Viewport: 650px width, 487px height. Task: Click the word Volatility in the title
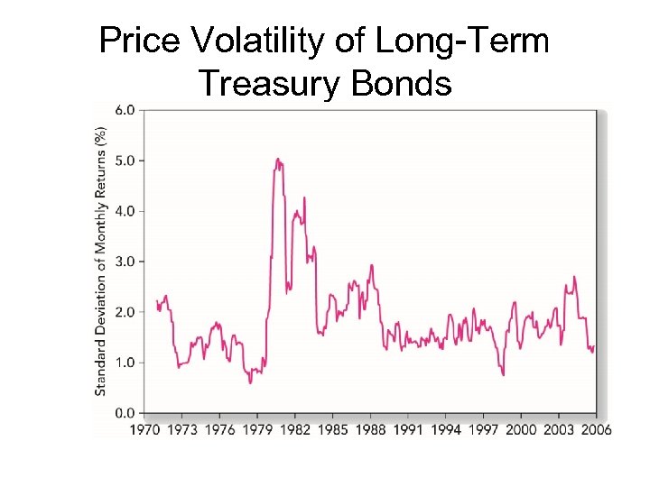[262, 41]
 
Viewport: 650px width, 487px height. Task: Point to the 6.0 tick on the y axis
[125, 110]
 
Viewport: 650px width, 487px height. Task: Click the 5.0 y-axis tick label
[125, 161]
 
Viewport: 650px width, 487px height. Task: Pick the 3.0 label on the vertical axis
[125, 262]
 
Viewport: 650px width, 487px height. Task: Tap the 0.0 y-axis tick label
[125, 413]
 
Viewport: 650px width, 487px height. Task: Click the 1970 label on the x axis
[144, 429]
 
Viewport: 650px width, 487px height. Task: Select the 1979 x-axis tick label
[257, 429]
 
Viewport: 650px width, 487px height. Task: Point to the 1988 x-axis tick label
[370, 429]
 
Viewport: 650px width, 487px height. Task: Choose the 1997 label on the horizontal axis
[483, 429]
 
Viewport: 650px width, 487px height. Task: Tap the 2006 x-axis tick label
[595, 429]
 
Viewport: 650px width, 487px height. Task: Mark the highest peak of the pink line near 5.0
[278, 160]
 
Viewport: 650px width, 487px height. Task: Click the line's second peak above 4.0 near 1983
[304, 198]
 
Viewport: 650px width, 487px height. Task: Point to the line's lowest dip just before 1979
[250, 382]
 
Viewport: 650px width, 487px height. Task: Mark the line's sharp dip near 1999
[503, 374]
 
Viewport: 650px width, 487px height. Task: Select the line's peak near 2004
[574, 277]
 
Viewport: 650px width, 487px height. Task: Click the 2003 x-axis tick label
[558, 429]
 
